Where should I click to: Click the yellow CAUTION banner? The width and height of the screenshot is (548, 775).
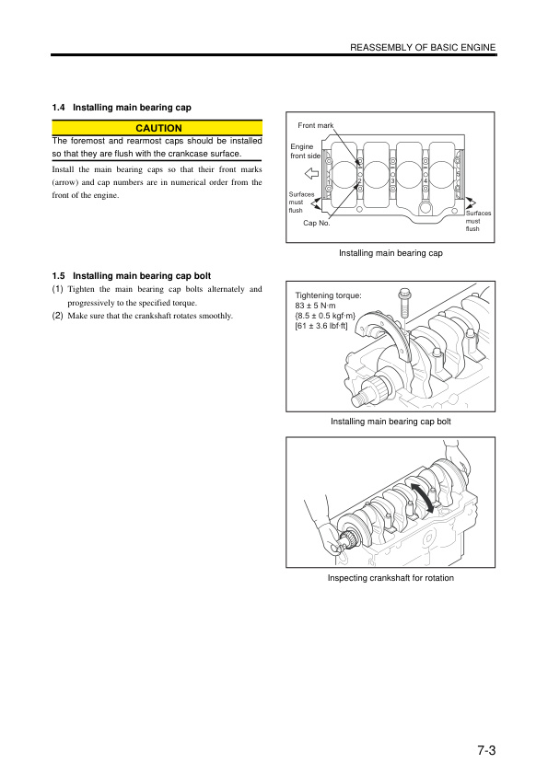pyautogui.click(x=158, y=128)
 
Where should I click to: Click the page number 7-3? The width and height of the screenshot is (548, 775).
pyautogui.click(x=487, y=749)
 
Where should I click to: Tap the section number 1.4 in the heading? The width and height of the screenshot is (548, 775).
pyautogui.click(x=60, y=108)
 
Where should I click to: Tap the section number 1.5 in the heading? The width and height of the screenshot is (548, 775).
pyautogui.click(x=60, y=274)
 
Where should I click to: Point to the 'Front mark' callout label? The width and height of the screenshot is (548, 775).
pyautogui.click(x=315, y=124)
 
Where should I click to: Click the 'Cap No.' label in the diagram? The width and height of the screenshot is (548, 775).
pyautogui.click(x=316, y=223)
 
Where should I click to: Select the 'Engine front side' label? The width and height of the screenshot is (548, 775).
pyautogui.click(x=305, y=151)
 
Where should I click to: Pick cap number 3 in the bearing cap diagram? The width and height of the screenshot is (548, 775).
pyautogui.click(x=393, y=181)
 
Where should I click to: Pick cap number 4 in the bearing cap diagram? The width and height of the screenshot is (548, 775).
pyautogui.click(x=426, y=181)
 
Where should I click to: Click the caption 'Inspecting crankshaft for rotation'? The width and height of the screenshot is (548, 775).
pyautogui.click(x=391, y=578)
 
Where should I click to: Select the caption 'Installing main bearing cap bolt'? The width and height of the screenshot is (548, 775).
pyautogui.click(x=391, y=422)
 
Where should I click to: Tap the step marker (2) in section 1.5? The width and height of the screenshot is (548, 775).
pyautogui.click(x=57, y=316)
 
